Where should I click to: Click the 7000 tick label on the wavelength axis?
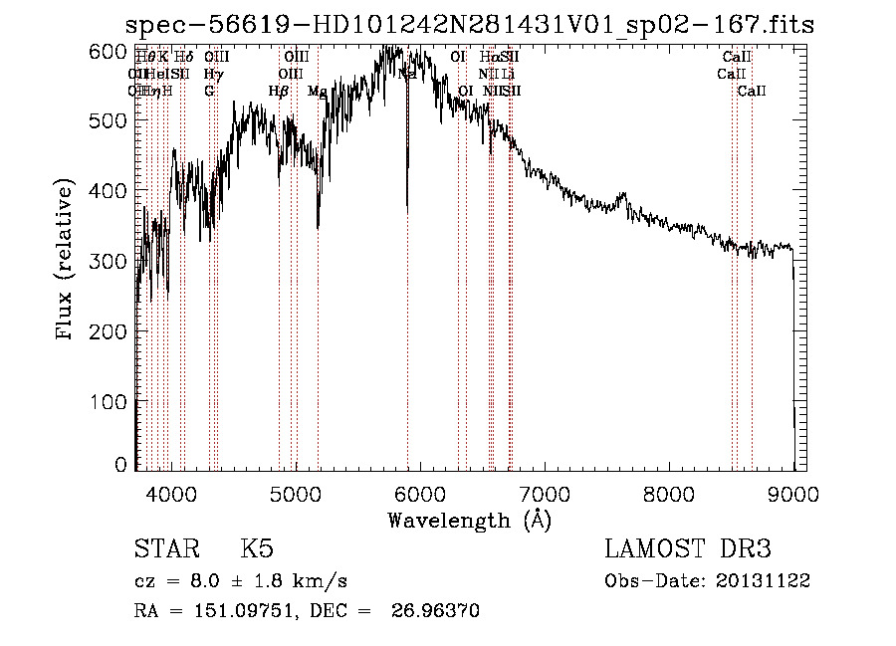click(x=544, y=494)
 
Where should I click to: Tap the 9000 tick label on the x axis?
click(x=792, y=494)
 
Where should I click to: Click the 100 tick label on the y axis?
click(x=115, y=401)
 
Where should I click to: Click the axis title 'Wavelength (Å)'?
click(x=469, y=520)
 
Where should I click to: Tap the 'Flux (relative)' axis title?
click(x=67, y=261)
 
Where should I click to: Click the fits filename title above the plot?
click(x=473, y=25)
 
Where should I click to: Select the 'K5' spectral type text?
click(x=257, y=549)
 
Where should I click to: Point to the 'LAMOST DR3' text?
click(x=688, y=549)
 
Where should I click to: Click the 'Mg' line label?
click(x=317, y=91)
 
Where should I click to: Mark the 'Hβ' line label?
click(x=278, y=91)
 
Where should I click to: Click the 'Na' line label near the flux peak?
click(x=407, y=74)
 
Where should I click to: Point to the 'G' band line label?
click(x=209, y=91)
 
